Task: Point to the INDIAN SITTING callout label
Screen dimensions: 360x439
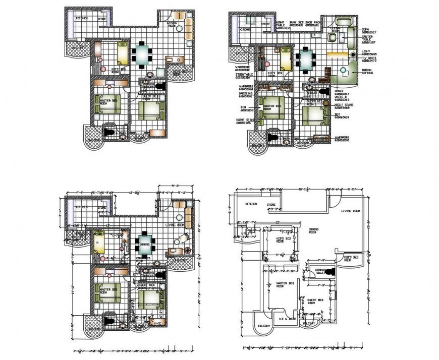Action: pyautogui.click(x=369, y=72)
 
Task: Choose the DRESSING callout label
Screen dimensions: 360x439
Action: pyautogui.click(x=245, y=94)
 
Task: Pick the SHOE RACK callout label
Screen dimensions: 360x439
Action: pyautogui.click(x=313, y=23)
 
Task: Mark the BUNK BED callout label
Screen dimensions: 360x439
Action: pyautogui.click(x=296, y=23)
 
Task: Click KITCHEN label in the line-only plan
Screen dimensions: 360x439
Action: pyautogui.click(x=252, y=204)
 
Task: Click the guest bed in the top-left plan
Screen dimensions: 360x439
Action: pyautogui.click(x=151, y=109)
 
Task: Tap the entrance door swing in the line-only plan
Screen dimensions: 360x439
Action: pyautogui.click(x=335, y=201)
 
